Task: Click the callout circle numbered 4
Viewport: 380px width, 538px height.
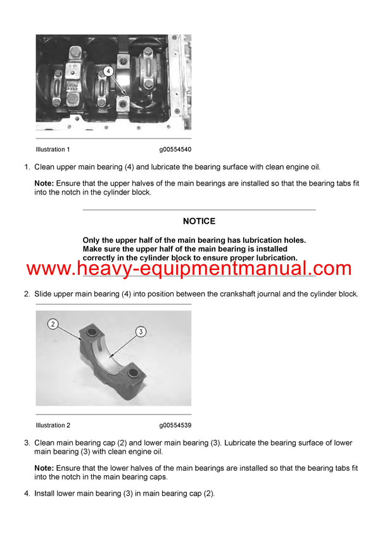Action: [108, 72]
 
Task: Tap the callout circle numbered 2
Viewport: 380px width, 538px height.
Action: [53, 324]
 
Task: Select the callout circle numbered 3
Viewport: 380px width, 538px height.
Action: [141, 331]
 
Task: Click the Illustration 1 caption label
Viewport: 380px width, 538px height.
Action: [53, 150]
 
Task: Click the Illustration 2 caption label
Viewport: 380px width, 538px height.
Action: [53, 425]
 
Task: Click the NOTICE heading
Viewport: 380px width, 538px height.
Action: [199, 221]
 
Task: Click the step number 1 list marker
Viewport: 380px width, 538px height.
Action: [27, 167]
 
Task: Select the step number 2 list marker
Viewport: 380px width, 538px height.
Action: [27, 294]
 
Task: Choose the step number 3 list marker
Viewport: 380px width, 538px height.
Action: [27, 443]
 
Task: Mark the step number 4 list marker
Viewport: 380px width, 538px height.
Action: [27, 494]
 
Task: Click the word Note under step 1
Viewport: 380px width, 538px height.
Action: [44, 183]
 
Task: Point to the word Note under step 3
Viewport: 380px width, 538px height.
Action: [44, 468]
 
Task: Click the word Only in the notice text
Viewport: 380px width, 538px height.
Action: [92, 240]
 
